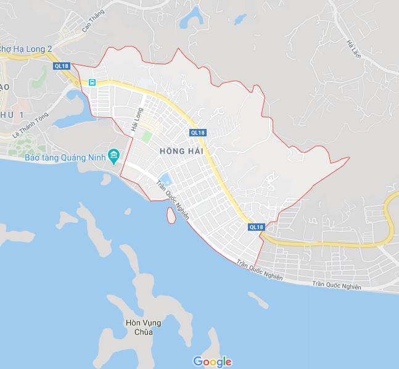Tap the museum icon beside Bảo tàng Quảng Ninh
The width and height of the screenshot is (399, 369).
tap(113, 154)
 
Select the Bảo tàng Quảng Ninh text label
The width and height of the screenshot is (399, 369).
tap(65, 157)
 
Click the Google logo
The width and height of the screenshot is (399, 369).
tap(212, 362)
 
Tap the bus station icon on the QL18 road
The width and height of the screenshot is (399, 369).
tap(92, 82)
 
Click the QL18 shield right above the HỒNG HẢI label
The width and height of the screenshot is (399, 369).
tap(197, 132)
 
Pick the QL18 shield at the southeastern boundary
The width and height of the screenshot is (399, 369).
tap(257, 227)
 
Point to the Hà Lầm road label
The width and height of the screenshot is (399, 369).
tap(352, 50)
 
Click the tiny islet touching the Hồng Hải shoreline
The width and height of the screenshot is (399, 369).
tap(169, 215)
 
